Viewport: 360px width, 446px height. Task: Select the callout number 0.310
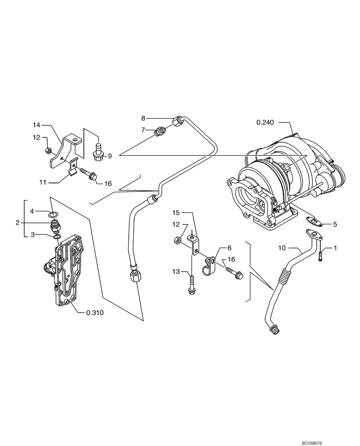[x=94, y=313]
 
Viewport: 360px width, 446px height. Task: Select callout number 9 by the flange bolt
[x=109, y=156]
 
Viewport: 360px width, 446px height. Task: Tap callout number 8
[x=143, y=118]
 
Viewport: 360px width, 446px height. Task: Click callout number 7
[x=143, y=130]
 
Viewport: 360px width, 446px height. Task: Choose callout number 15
[x=176, y=213]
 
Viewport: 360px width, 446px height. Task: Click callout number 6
[x=230, y=247]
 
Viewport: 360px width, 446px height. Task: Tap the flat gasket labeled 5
[x=313, y=220]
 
